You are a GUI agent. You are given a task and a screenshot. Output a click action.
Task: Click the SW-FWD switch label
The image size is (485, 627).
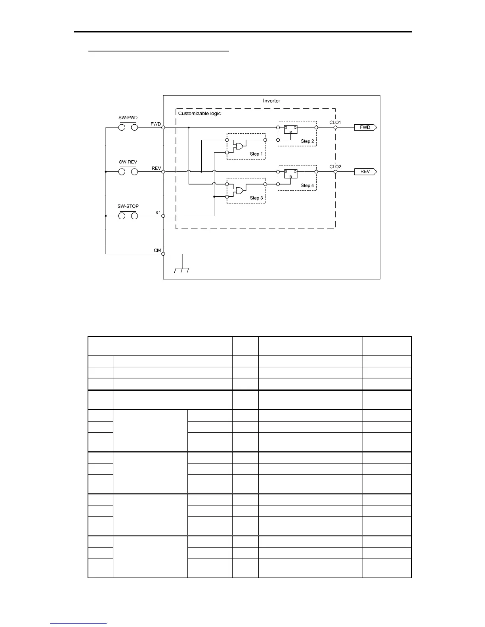point(128,118)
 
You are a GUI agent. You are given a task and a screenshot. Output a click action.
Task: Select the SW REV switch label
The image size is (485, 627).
point(128,162)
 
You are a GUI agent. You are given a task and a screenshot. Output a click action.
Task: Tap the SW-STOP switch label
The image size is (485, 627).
point(128,206)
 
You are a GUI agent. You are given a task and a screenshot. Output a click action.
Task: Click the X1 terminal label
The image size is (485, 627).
point(158,213)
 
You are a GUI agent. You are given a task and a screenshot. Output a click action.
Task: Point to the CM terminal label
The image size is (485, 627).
point(157,250)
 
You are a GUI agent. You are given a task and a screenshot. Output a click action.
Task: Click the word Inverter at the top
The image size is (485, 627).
point(271,101)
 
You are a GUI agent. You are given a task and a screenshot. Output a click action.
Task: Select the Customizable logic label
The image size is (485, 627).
point(199,113)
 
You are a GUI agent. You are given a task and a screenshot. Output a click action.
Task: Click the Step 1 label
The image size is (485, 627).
point(256,154)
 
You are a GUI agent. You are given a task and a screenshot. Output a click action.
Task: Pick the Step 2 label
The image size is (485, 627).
point(307,141)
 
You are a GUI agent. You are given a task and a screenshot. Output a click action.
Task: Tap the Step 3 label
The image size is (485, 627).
point(256,198)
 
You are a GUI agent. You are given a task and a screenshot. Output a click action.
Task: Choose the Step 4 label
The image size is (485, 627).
point(307,185)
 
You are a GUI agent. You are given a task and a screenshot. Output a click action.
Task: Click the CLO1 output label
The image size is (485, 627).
point(335,122)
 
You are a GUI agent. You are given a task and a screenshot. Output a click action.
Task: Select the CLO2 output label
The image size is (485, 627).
point(335,167)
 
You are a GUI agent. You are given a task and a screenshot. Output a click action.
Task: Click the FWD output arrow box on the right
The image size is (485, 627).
point(365,127)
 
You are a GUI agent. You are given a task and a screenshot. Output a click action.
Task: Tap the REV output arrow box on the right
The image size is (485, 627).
point(365,172)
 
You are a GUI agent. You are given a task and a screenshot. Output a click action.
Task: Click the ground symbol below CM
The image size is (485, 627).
point(181,270)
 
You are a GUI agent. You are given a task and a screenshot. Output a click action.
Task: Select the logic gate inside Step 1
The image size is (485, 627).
point(239,146)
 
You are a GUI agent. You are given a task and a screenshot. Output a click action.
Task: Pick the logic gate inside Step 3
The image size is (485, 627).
point(239,190)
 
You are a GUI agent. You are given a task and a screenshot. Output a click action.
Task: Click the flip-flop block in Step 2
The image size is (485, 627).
point(290,129)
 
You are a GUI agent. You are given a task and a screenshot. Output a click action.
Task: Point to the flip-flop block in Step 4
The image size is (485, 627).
point(290,174)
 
